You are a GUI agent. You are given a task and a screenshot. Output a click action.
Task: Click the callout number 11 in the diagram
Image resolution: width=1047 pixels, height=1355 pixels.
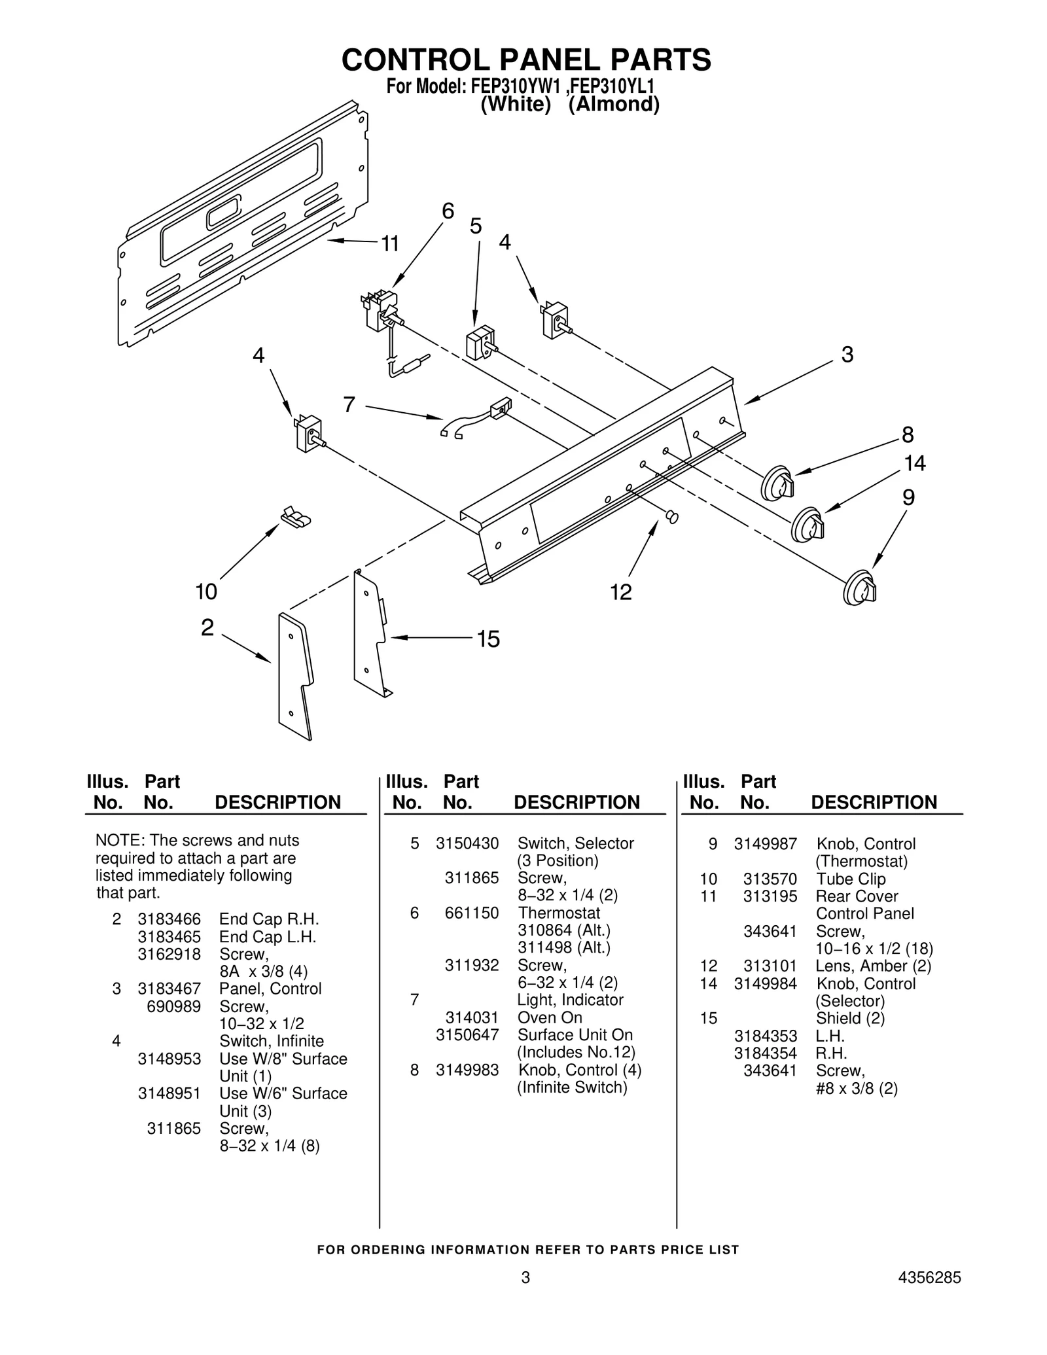(390, 244)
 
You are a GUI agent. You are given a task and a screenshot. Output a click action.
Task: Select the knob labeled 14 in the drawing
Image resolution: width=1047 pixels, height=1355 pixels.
(807, 524)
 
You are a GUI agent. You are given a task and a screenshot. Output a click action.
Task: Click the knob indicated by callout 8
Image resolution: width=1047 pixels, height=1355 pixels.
(777, 484)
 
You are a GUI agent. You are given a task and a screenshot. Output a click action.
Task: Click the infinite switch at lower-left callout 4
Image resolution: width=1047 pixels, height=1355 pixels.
(308, 433)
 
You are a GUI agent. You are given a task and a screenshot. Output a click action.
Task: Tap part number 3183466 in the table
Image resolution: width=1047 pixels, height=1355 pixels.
(169, 919)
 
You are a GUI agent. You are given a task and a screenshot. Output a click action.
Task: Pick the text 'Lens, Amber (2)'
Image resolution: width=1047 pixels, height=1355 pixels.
(873, 966)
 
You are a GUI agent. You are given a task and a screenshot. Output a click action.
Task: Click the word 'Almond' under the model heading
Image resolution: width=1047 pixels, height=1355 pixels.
(613, 105)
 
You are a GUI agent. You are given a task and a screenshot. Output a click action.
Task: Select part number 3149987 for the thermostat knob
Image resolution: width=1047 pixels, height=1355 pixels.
(765, 844)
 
